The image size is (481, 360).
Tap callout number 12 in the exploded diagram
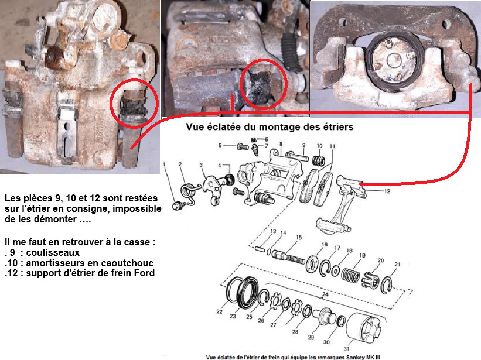click(x=387, y=191)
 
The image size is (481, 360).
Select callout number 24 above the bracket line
click(x=325, y=294)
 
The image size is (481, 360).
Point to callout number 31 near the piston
click(x=346, y=348)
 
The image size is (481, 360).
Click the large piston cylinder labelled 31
click(x=363, y=328)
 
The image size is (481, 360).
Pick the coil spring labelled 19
click(x=350, y=275)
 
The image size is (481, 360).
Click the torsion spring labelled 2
click(x=190, y=192)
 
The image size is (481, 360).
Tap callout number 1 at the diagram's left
click(x=164, y=164)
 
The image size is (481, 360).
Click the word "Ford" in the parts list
click(x=144, y=273)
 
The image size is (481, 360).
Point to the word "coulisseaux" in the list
click(x=53, y=252)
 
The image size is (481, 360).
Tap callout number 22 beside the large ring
click(x=219, y=311)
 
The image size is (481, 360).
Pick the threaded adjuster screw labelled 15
click(x=289, y=258)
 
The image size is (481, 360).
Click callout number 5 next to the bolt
click(x=220, y=145)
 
